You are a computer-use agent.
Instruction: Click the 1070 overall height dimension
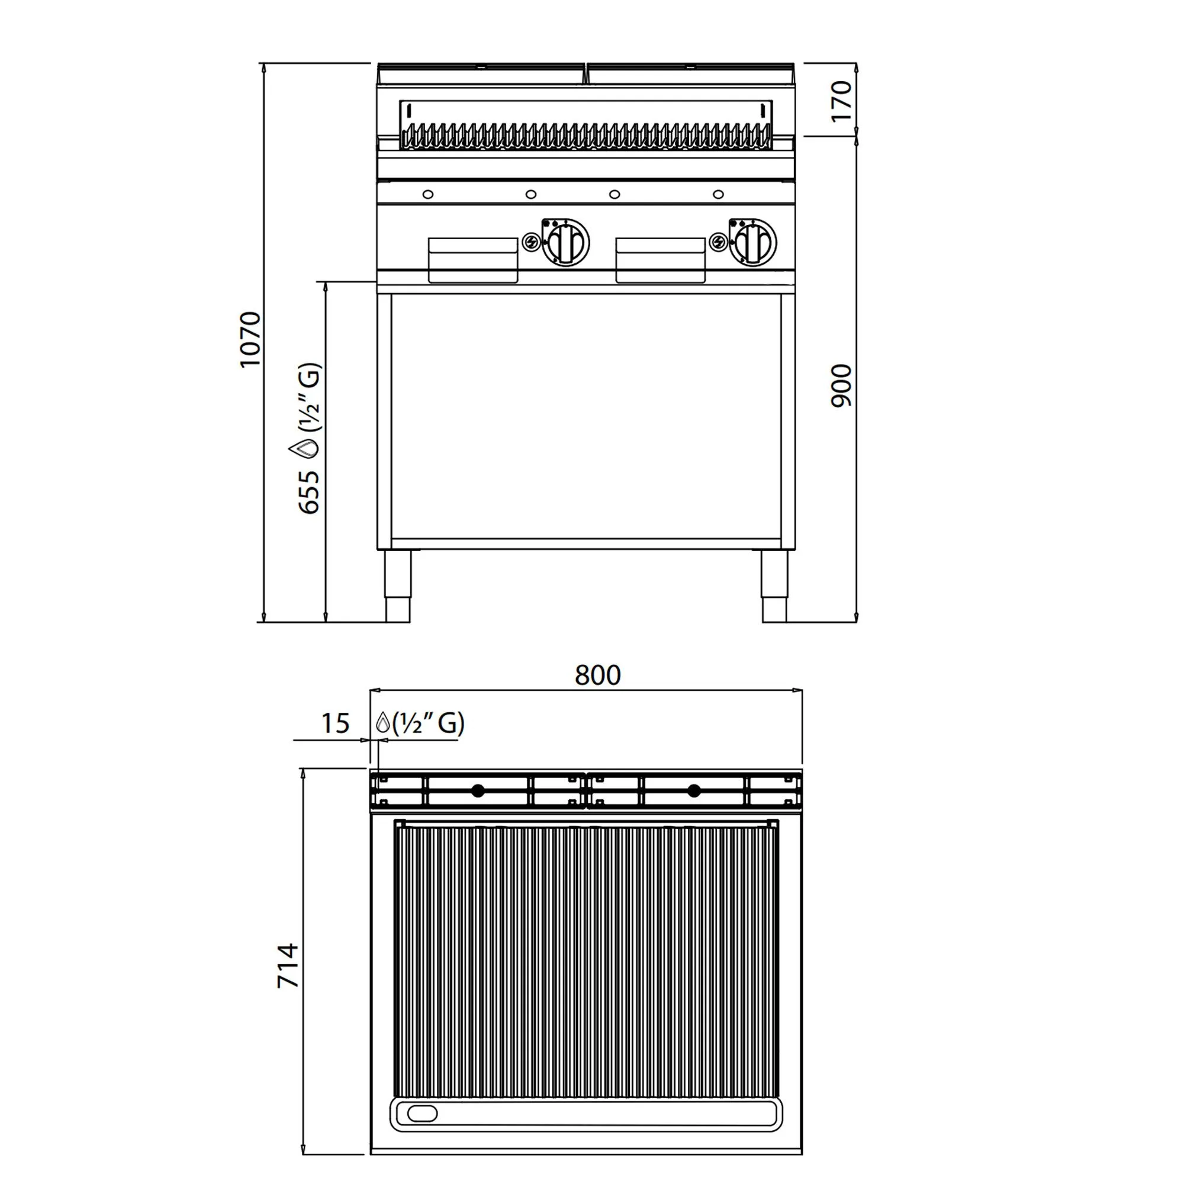250,339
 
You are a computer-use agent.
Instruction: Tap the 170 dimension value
841,102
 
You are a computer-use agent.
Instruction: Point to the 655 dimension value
309,491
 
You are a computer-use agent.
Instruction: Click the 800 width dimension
597,675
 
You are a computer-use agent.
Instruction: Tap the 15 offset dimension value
335,723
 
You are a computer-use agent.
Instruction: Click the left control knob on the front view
565,242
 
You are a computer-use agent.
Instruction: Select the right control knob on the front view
752,242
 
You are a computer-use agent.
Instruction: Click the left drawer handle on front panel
472,260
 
